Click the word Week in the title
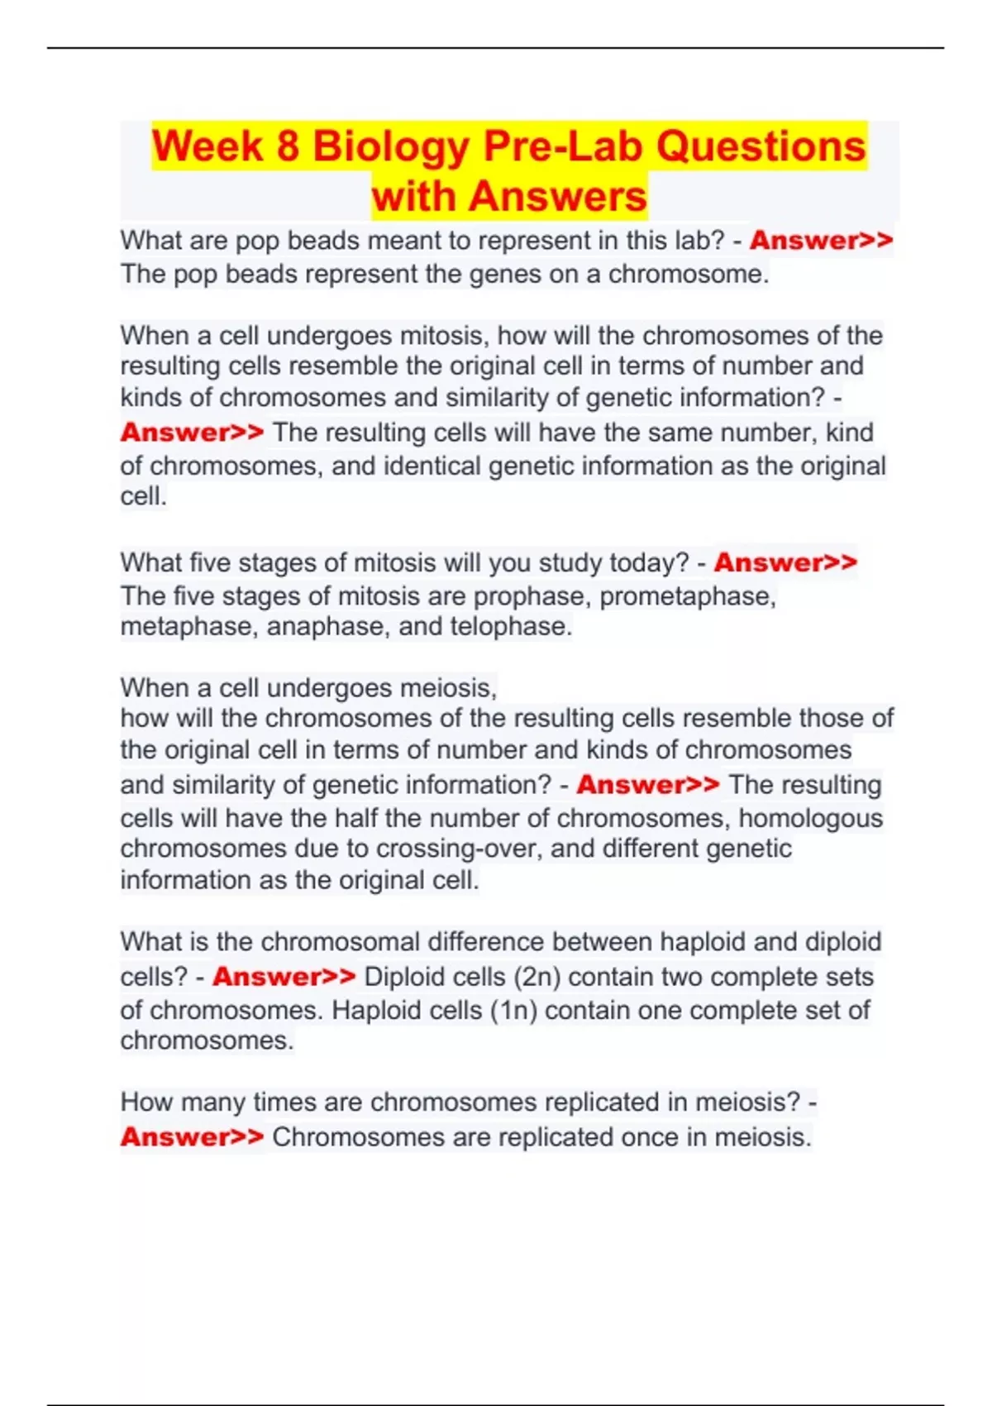click(207, 146)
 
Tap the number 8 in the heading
click(288, 146)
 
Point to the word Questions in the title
click(761, 146)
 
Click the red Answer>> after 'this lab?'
click(821, 241)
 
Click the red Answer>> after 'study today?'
click(785, 562)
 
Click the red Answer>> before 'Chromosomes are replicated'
click(192, 1137)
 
